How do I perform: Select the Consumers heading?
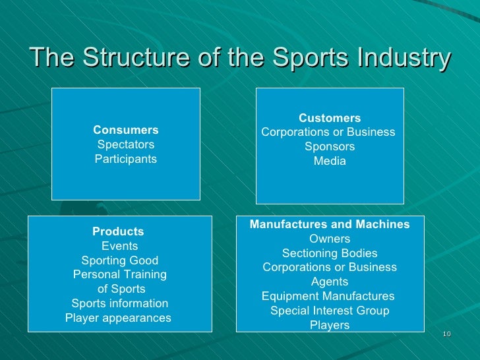coord(126,130)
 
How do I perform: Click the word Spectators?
coord(126,144)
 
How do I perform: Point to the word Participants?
coord(126,159)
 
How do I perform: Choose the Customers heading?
coord(330,118)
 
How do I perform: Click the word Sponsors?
coord(330,146)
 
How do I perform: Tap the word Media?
coord(330,161)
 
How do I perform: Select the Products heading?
coord(118,231)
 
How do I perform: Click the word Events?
coord(119,246)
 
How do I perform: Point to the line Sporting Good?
coord(119,260)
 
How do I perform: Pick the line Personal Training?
coord(119,274)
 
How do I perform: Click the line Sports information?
coord(119,303)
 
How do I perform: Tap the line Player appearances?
coord(118,318)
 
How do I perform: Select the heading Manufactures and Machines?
coord(330,224)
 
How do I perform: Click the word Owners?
coord(330,239)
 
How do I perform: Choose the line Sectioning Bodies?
coord(330,253)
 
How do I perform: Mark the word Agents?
coord(330,282)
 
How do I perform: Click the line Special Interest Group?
coord(330,311)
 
